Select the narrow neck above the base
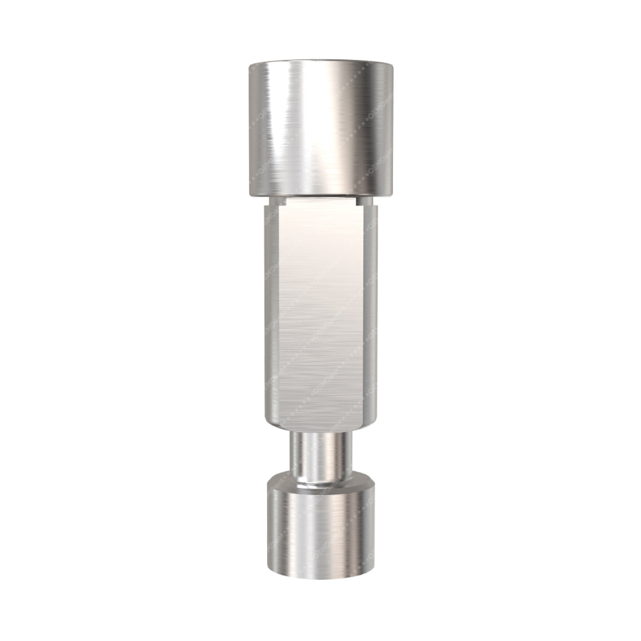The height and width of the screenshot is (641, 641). coord(320,454)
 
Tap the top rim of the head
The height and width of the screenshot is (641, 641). coord(320,63)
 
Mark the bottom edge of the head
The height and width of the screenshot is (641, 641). coord(320,194)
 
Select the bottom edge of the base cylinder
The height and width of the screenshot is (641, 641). coord(320,577)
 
